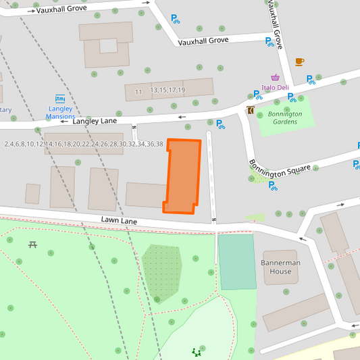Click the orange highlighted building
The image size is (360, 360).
pyautogui.click(x=183, y=176)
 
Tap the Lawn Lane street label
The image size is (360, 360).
pyautogui.click(x=120, y=220)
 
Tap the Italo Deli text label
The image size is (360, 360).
pyautogui.click(x=275, y=87)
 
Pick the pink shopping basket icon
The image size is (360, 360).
pyautogui.click(x=276, y=77)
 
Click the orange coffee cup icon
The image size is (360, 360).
pyautogui.click(x=299, y=61)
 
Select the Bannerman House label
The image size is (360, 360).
pyautogui.click(x=280, y=267)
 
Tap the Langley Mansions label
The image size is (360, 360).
pyautogui.click(x=60, y=112)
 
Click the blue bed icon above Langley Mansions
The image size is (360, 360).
pyautogui.click(x=60, y=99)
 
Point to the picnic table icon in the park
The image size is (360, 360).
pyautogui.click(x=32, y=244)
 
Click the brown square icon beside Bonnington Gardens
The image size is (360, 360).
pyautogui.click(x=251, y=110)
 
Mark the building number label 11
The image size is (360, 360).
pyautogui.click(x=138, y=92)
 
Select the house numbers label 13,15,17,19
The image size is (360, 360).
pyautogui.click(x=168, y=90)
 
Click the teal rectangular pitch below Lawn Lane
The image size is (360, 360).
pyautogui.click(x=237, y=262)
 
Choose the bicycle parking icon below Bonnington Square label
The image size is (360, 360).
pyautogui.click(x=273, y=186)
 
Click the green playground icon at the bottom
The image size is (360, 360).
pyautogui.click(x=197, y=352)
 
